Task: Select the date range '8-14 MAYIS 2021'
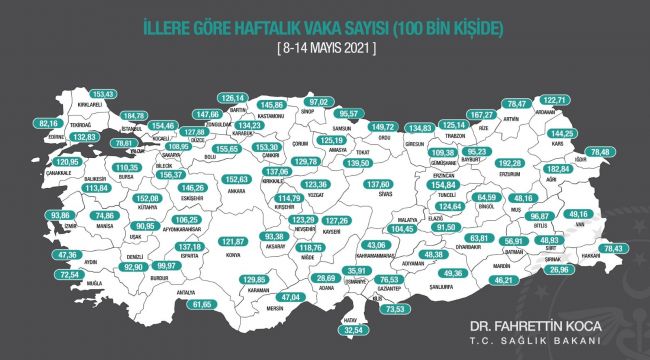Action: coord(326,47)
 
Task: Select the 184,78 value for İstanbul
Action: coord(133,115)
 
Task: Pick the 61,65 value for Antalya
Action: coord(204,304)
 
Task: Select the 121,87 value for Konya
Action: coord(232,242)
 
